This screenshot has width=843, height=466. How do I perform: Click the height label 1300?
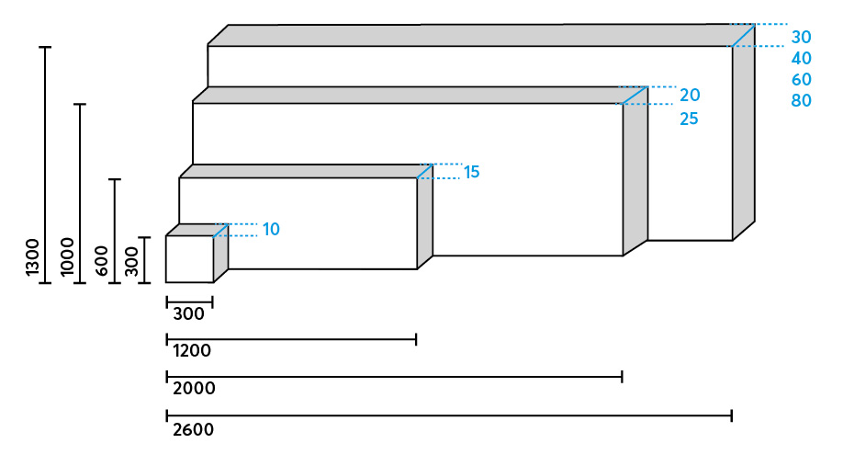(33, 257)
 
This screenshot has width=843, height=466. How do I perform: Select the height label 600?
(101, 261)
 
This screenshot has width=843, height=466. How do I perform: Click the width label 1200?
(192, 351)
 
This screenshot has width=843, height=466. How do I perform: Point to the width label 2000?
(194, 389)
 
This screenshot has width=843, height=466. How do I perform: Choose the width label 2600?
(193, 429)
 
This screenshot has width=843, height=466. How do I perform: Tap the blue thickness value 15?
(472, 172)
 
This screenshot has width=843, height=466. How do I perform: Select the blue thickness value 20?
(690, 96)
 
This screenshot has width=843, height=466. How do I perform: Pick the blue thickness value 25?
(690, 119)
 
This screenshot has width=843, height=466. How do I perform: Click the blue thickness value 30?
(802, 38)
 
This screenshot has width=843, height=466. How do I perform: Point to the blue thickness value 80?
(802, 101)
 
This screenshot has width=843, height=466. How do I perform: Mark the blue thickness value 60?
(802, 80)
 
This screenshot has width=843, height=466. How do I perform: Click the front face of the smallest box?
(189, 259)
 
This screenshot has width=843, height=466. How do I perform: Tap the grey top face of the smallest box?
(197, 230)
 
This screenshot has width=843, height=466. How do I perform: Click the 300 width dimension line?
(189, 301)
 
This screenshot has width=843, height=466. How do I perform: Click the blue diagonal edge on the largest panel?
(742, 36)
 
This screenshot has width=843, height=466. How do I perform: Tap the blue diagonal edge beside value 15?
(424, 171)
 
